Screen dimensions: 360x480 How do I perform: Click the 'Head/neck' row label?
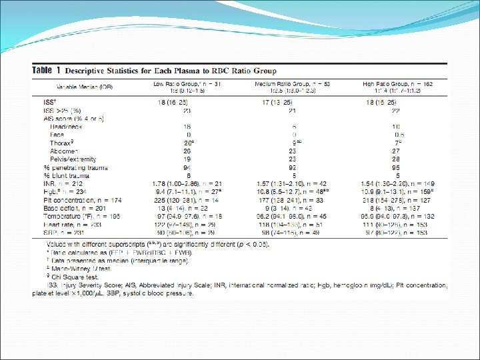(x=64, y=126)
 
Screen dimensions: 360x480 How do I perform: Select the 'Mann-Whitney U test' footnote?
(x=75, y=270)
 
